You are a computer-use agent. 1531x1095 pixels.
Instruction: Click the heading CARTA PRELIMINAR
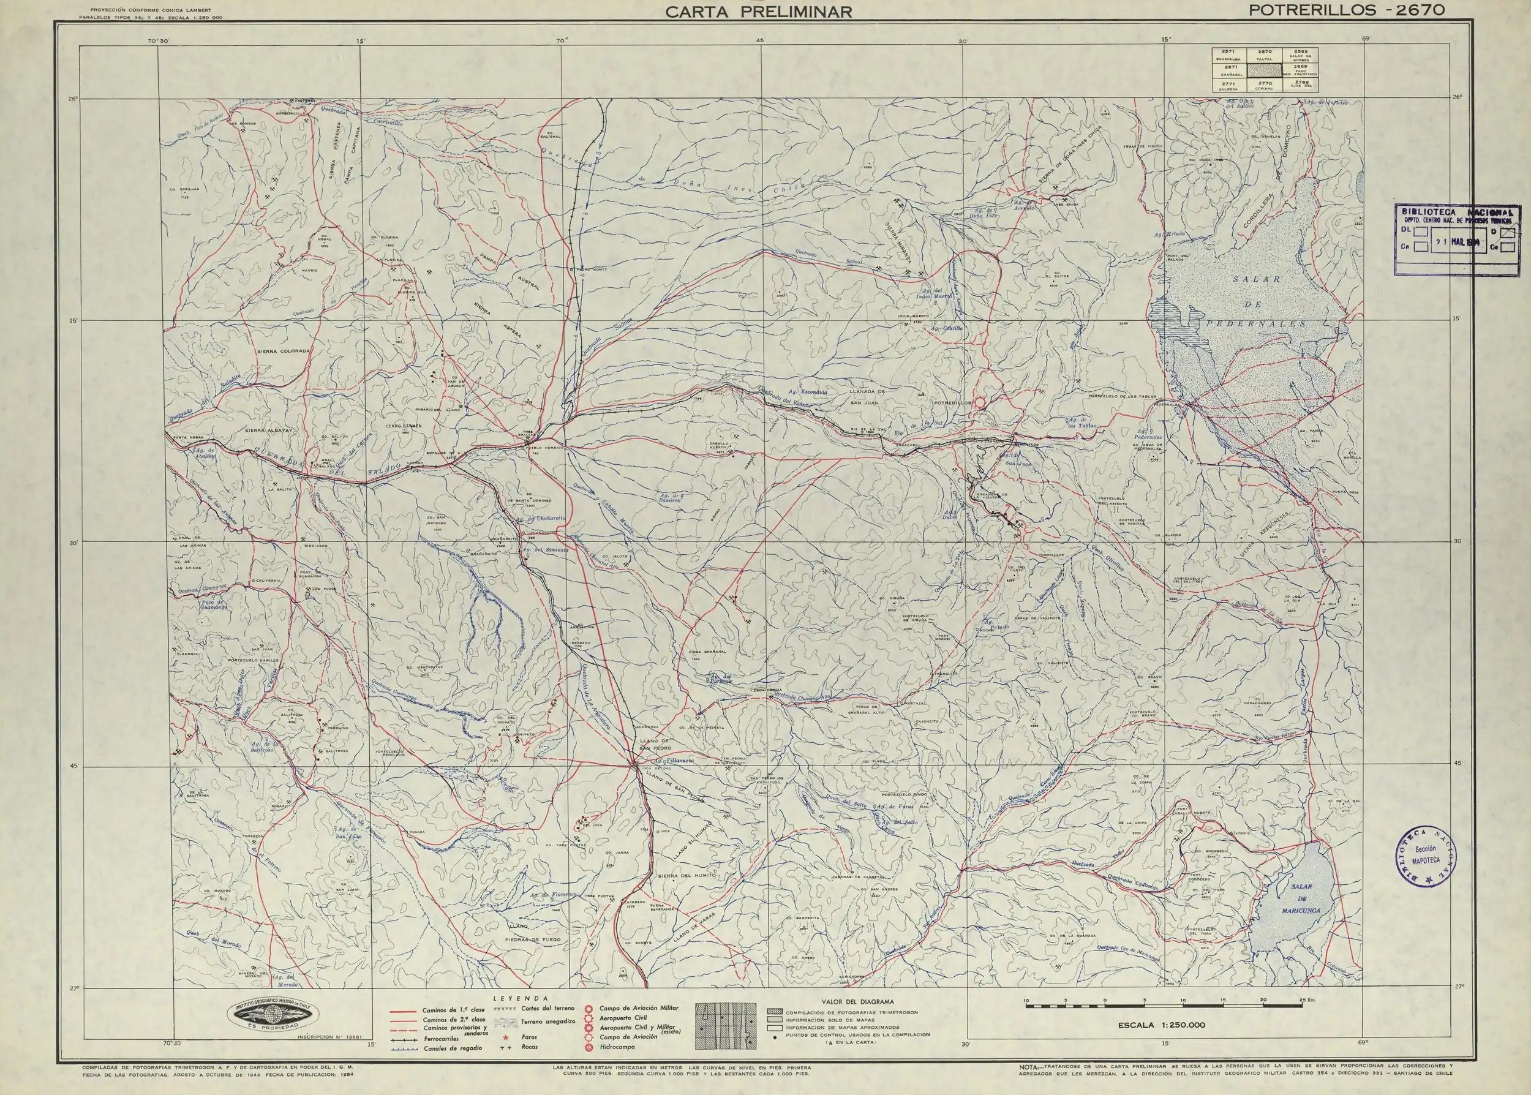759,12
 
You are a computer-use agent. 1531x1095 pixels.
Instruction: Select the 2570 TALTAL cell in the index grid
1265,55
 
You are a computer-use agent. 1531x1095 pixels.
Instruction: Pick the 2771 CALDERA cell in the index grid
1228,85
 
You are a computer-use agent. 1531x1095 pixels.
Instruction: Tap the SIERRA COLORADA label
283,352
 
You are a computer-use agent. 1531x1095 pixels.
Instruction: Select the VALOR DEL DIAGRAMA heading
844,1002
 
